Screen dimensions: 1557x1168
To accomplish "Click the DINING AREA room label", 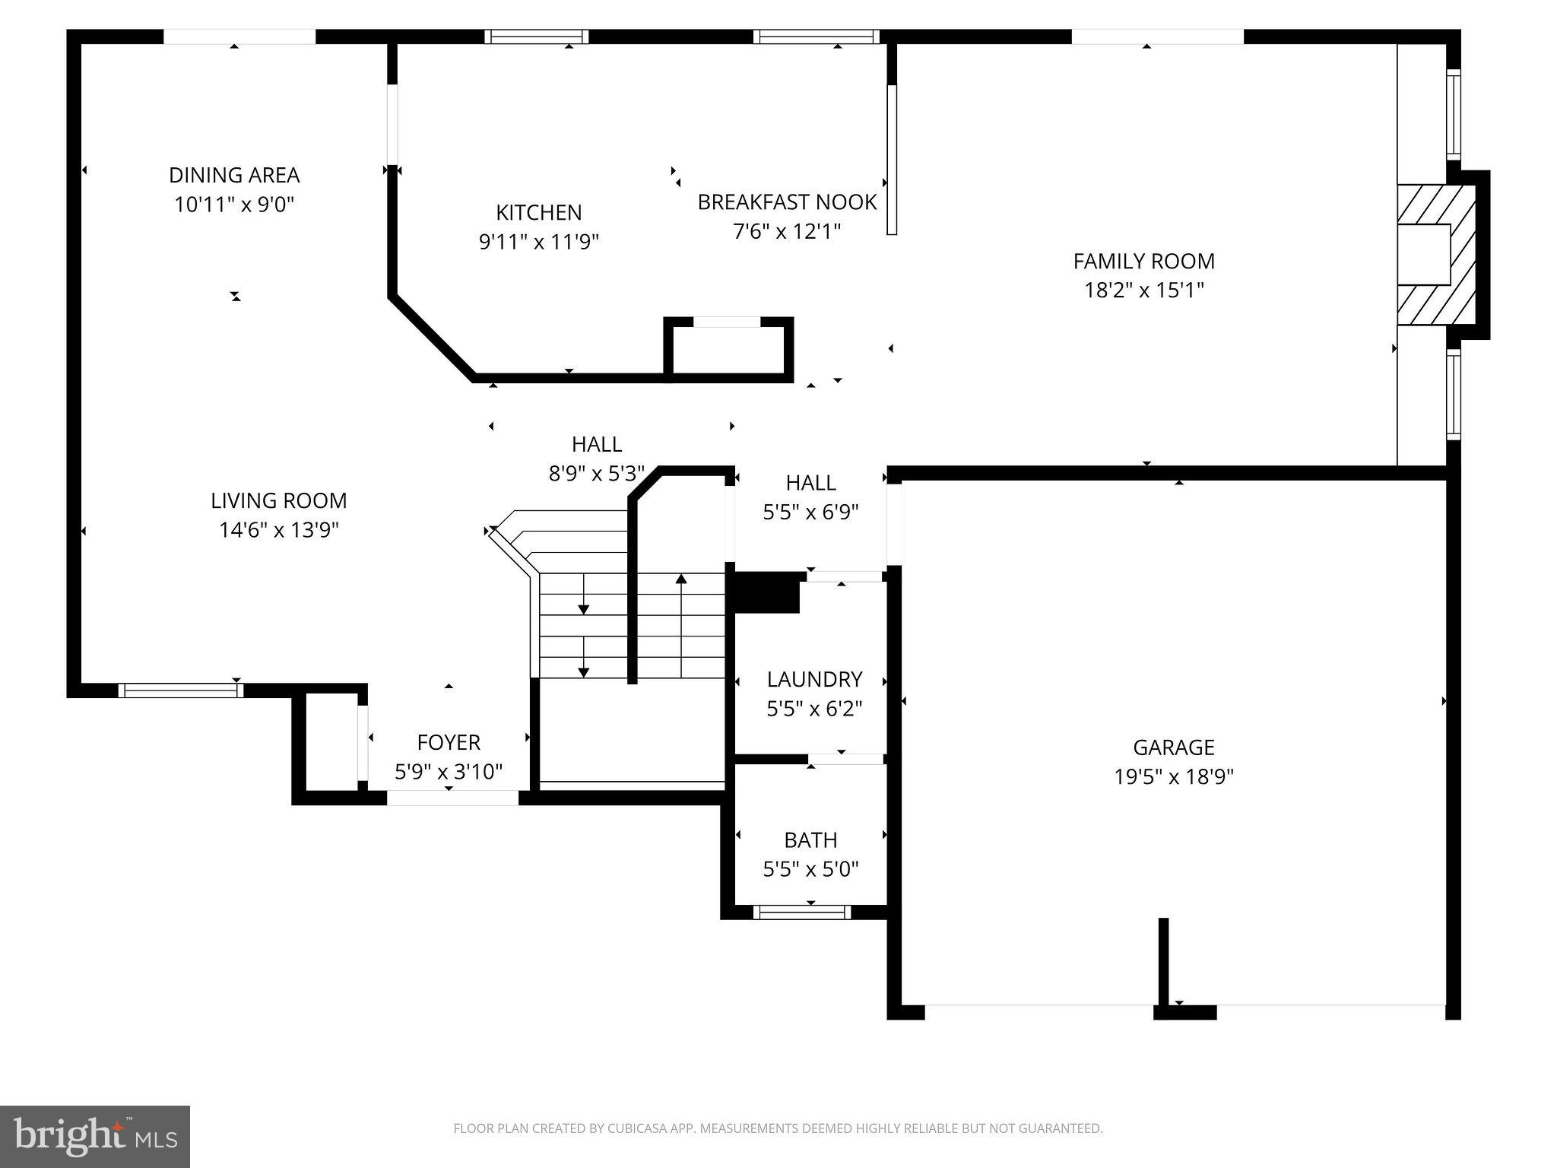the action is pyautogui.click(x=234, y=175).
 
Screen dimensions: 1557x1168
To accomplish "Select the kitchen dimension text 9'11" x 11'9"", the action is pyautogui.click(x=539, y=242).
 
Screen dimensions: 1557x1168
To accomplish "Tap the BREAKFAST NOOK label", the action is pyautogui.click(x=787, y=202).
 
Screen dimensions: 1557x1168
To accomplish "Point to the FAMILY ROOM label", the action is pyautogui.click(x=1143, y=261).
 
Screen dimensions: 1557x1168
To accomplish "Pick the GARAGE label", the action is pyautogui.click(x=1173, y=747).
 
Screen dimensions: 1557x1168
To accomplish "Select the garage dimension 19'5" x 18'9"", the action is pyautogui.click(x=1173, y=776).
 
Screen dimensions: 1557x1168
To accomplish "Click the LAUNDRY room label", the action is pyautogui.click(x=814, y=679).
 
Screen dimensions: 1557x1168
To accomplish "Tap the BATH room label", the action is pyautogui.click(x=810, y=840).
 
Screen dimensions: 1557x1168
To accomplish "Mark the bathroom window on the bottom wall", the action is pyautogui.click(x=802, y=912).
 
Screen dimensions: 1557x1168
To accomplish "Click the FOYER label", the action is pyautogui.click(x=449, y=742).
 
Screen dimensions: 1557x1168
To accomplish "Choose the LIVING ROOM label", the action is pyautogui.click(x=278, y=500).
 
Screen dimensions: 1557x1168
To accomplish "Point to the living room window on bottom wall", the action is pyautogui.click(x=181, y=690).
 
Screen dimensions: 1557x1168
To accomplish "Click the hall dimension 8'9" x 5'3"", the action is pyautogui.click(x=597, y=474).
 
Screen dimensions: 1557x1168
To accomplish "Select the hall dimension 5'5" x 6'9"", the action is pyautogui.click(x=810, y=512).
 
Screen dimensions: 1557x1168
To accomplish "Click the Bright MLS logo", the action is pyautogui.click(x=95, y=1137).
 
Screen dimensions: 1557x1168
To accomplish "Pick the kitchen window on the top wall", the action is pyautogui.click(x=537, y=36).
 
